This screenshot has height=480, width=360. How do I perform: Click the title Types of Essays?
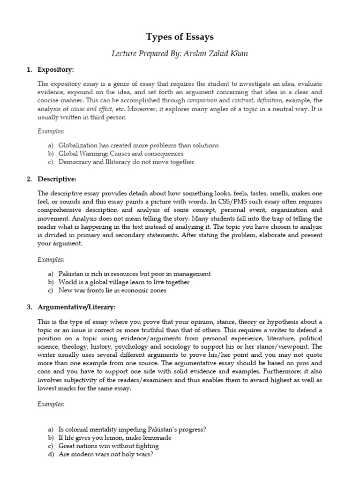[x=180, y=37]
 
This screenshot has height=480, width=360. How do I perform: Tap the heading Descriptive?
[x=57, y=179]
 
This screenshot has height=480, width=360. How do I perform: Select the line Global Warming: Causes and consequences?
[x=121, y=154]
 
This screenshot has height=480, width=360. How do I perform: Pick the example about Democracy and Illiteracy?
[x=126, y=162]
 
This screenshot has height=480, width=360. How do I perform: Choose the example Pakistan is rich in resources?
[x=135, y=274]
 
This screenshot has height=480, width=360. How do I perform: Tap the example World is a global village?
[x=124, y=282]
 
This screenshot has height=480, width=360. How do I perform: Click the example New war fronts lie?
[x=112, y=291]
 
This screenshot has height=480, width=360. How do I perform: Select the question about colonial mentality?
[x=133, y=429]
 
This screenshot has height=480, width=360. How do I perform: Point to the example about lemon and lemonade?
[x=115, y=438]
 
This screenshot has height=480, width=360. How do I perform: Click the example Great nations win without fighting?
[x=109, y=446]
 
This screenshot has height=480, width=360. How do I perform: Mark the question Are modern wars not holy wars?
[x=106, y=455]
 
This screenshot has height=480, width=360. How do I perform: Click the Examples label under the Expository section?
[x=51, y=131]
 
